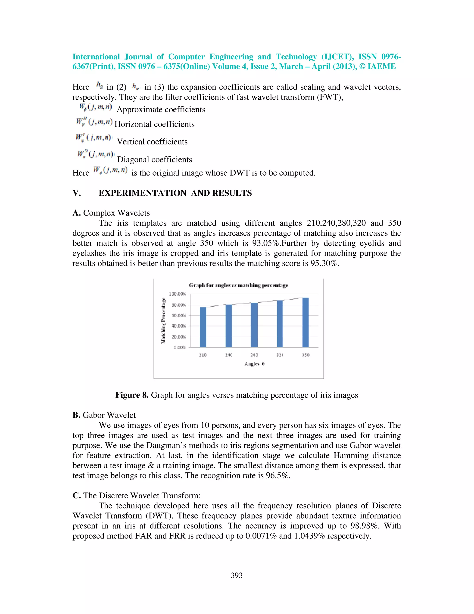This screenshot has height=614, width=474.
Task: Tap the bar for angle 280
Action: [254, 325]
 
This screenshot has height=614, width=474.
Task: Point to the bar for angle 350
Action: [306, 323]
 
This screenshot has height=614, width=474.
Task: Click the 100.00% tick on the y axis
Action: [177, 294]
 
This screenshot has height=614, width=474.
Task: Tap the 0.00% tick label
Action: [180, 348]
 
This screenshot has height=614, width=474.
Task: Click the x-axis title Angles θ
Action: [254, 364]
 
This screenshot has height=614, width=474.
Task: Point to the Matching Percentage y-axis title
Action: [163, 321]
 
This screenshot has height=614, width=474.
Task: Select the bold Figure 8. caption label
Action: [132, 395]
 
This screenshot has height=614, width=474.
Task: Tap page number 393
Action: [237, 576]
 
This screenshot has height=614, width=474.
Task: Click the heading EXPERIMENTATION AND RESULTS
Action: [175, 193]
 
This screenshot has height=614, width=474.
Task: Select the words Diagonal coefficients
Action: [154, 160]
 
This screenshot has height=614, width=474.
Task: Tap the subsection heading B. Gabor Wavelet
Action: [104, 415]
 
